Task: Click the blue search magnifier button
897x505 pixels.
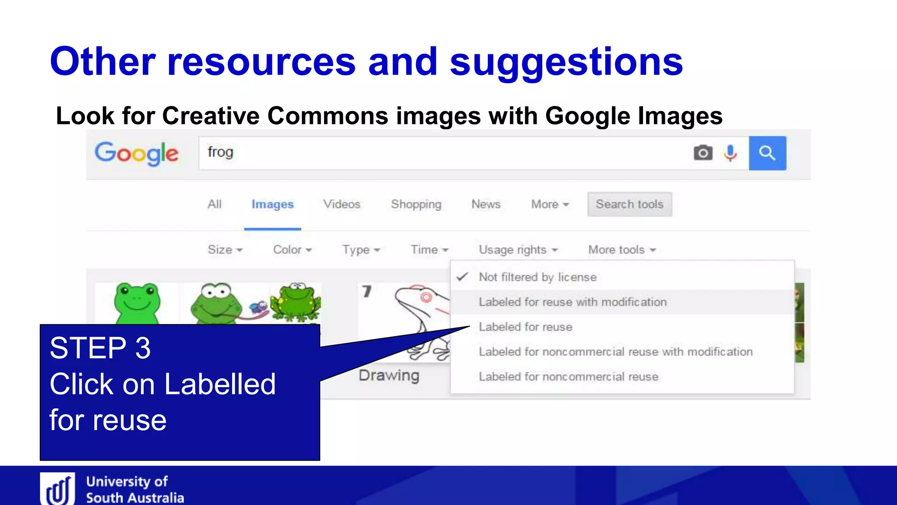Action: point(767,153)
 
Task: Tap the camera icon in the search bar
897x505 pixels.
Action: point(703,153)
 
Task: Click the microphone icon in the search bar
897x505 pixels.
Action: point(730,153)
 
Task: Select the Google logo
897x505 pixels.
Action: point(137,153)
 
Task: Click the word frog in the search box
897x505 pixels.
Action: point(220,152)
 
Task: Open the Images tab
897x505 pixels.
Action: point(272,204)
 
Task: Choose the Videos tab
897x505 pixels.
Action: point(342,204)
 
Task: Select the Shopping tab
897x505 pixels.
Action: point(416,204)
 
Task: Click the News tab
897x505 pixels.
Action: point(486,204)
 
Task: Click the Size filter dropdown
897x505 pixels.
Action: point(225,250)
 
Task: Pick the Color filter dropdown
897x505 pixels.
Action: point(292,250)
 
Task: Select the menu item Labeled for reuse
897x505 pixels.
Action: point(526,327)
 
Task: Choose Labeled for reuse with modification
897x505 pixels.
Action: point(572,302)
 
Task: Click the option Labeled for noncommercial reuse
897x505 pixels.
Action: point(569,377)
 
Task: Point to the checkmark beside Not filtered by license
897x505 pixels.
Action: point(463,277)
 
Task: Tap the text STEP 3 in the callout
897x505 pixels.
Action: point(100,349)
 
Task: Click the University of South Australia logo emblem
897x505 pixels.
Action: point(58,489)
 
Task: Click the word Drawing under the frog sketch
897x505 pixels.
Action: point(389,376)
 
